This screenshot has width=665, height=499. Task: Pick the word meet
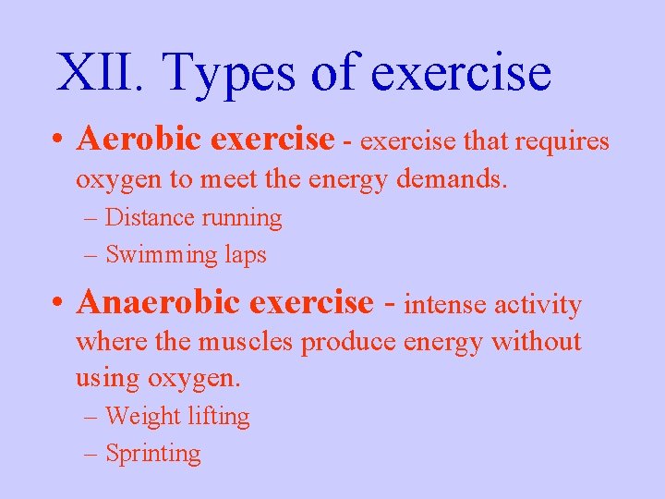tap(229, 178)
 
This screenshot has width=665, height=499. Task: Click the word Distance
tap(150, 218)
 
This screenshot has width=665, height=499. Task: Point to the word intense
tap(446, 304)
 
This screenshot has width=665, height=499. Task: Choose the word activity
tap(539, 305)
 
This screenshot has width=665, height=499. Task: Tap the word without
tap(537, 341)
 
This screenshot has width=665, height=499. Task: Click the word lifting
tap(219, 417)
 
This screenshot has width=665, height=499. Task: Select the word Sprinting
tap(153, 454)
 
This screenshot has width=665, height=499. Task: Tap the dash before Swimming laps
tap(90, 256)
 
